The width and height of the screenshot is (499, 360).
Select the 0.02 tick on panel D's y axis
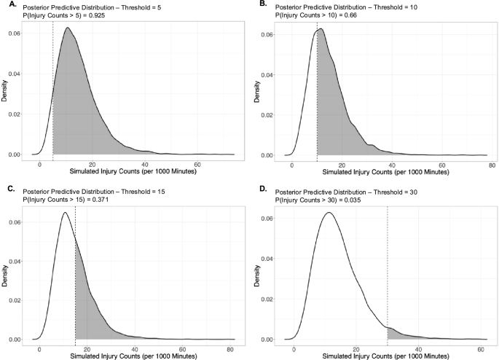coord(273,300)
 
